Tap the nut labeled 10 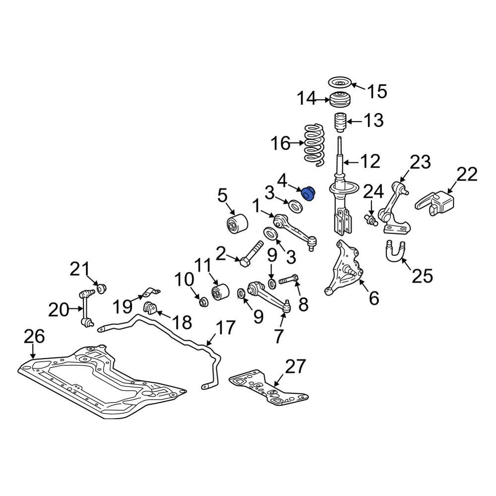[x=203, y=301]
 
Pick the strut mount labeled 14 [x=339, y=101]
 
